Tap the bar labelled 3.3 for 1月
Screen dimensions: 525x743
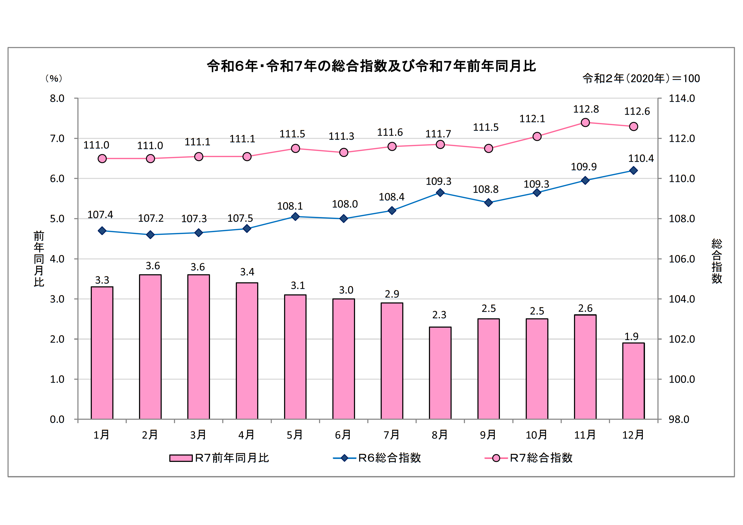point(102,353)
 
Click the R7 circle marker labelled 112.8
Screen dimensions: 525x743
point(585,122)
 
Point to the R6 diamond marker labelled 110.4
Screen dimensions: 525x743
point(633,171)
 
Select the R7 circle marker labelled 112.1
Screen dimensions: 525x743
point(537,136)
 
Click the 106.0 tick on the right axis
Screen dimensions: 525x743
point(681,259)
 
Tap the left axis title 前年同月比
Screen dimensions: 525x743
point(39,259)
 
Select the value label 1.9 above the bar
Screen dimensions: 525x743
point(631,337)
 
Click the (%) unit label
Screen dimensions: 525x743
point(54,78)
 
